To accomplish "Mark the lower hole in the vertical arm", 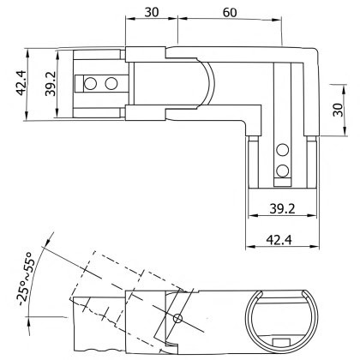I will point(284,171).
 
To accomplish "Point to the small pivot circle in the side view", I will point(178,319).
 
